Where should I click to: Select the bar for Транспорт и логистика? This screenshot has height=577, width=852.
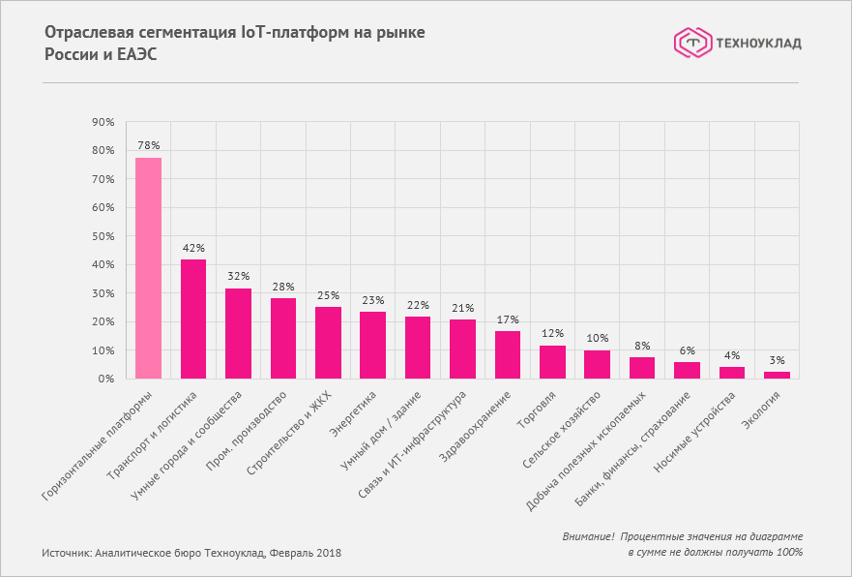coord(193,319)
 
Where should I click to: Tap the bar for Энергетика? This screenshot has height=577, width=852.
coord(372,346)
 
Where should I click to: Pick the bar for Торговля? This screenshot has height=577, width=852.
coord(552,362)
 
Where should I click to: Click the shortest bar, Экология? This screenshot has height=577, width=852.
coord(777,375)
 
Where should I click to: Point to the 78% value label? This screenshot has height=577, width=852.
coord(148,146)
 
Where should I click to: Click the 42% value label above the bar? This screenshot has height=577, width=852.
coord(193,248)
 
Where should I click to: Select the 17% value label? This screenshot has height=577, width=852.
coord(508,319)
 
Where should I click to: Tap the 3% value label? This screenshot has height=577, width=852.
coord(777,361)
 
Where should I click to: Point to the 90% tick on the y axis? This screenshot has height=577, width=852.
coord(103,122)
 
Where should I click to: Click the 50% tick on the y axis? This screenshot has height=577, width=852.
coord(103,236)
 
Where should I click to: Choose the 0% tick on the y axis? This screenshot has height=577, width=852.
coord(105,379)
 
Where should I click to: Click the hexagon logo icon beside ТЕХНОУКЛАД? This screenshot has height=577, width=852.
coord(690,43)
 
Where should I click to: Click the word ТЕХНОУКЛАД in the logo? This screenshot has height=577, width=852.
coord(757,43)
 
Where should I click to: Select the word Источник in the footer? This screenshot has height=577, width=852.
coord(65,553)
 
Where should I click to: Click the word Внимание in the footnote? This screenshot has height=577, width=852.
coord(587,536)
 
